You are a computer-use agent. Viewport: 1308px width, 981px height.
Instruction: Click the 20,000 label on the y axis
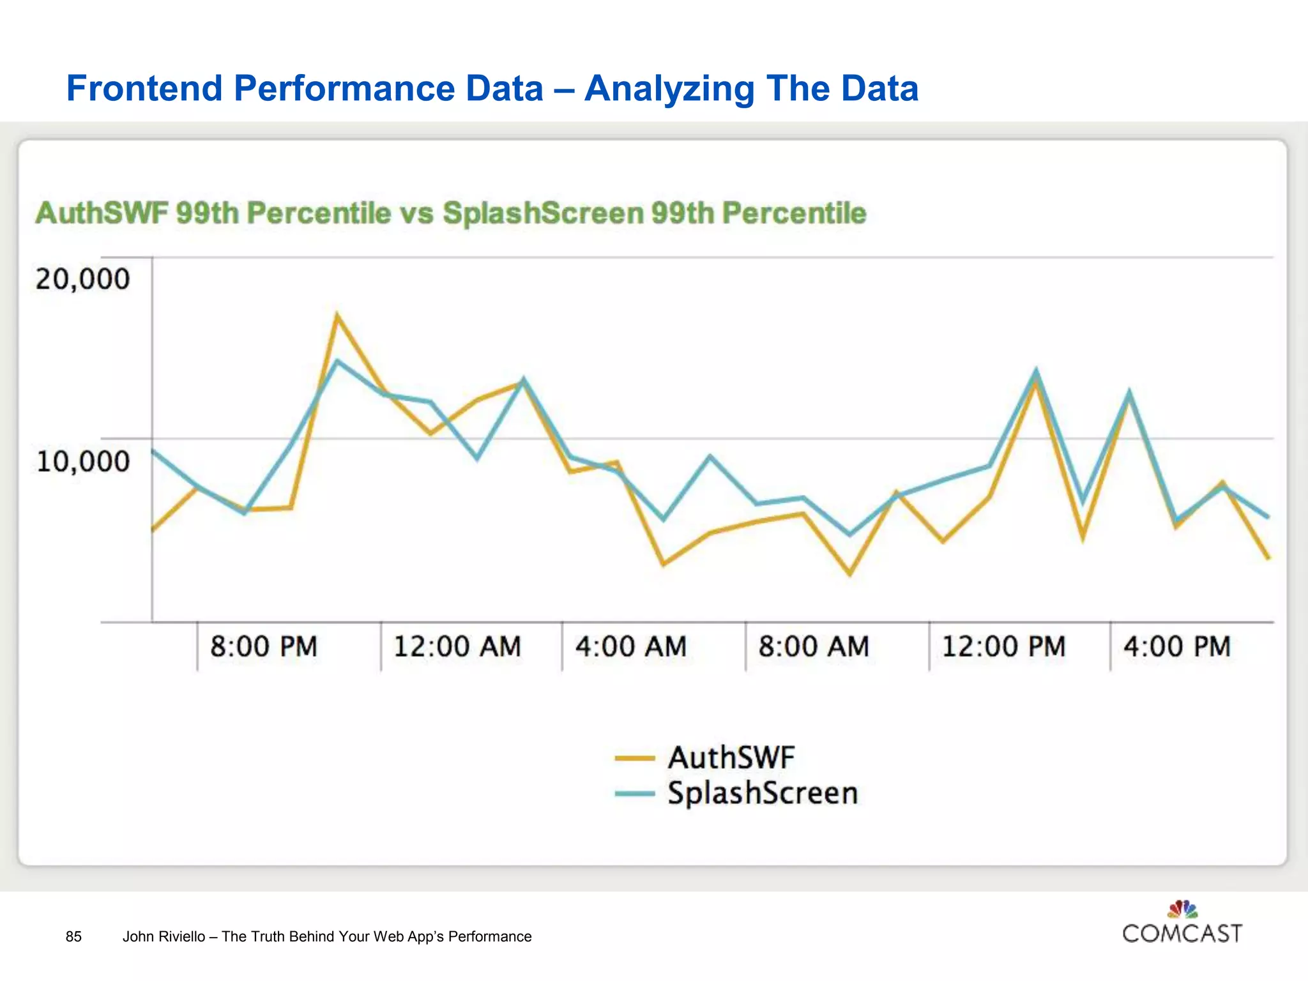[82, 279]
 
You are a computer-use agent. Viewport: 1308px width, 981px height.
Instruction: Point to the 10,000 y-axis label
[82, 461]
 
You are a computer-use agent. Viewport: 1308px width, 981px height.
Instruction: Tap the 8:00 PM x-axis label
[264, 646]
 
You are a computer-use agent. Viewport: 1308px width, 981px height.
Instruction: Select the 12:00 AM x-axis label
[457, 646]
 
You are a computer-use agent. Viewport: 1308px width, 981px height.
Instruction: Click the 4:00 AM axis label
[631, 646]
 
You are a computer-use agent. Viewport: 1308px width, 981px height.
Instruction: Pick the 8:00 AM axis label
[814, 646]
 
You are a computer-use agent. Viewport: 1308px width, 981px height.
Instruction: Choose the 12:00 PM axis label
[1004, 646]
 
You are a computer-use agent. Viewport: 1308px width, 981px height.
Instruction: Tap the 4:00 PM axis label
[1177, 646]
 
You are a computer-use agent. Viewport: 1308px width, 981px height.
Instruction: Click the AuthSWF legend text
[731, 758]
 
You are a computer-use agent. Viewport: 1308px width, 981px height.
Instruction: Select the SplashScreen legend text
[763, 793]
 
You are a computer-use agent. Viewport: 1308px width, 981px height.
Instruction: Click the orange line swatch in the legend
[635, 759]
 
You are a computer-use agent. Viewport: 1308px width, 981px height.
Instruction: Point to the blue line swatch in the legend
[635, 794]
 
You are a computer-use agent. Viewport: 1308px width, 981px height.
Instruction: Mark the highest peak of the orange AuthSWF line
[337, 316]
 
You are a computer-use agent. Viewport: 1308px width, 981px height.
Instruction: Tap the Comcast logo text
[1182, 934]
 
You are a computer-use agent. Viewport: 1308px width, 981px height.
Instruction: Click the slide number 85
[73, 936]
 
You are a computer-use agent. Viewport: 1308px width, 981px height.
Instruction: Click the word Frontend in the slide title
[144, 88]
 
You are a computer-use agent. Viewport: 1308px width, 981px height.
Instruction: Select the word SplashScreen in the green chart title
[543, 213]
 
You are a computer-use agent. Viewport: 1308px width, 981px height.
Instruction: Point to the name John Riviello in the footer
[163, 936]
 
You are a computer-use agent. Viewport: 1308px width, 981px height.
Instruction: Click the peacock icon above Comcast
[1182, 909]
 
